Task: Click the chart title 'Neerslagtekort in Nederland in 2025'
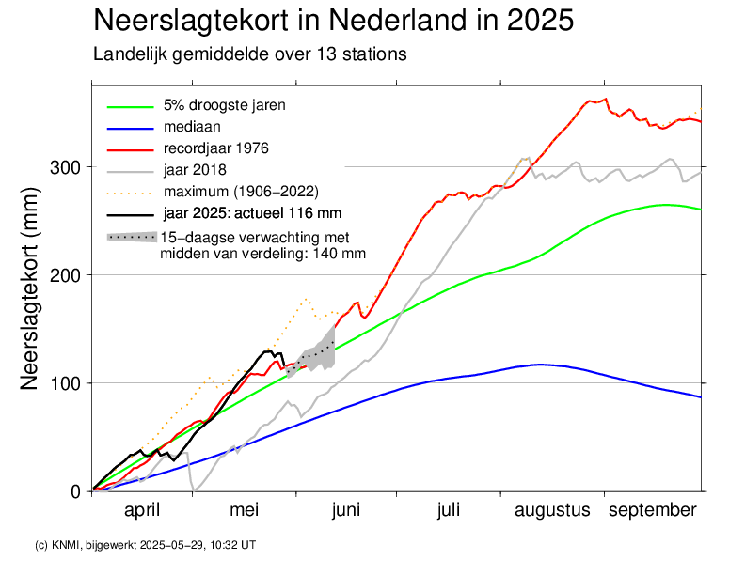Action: pos(334,21)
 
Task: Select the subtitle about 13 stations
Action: pos(250,54)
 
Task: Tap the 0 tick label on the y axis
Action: pos(76,491)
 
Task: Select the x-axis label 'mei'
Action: pos(244,510)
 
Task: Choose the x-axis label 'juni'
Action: pos(346,510)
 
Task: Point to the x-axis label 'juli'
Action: pos(448,510)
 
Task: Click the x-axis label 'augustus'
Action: pos(552,510)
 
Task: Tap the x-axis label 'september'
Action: pos(653,510)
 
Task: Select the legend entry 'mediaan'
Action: pos(192,126)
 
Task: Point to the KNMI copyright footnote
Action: pos(145,544)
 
